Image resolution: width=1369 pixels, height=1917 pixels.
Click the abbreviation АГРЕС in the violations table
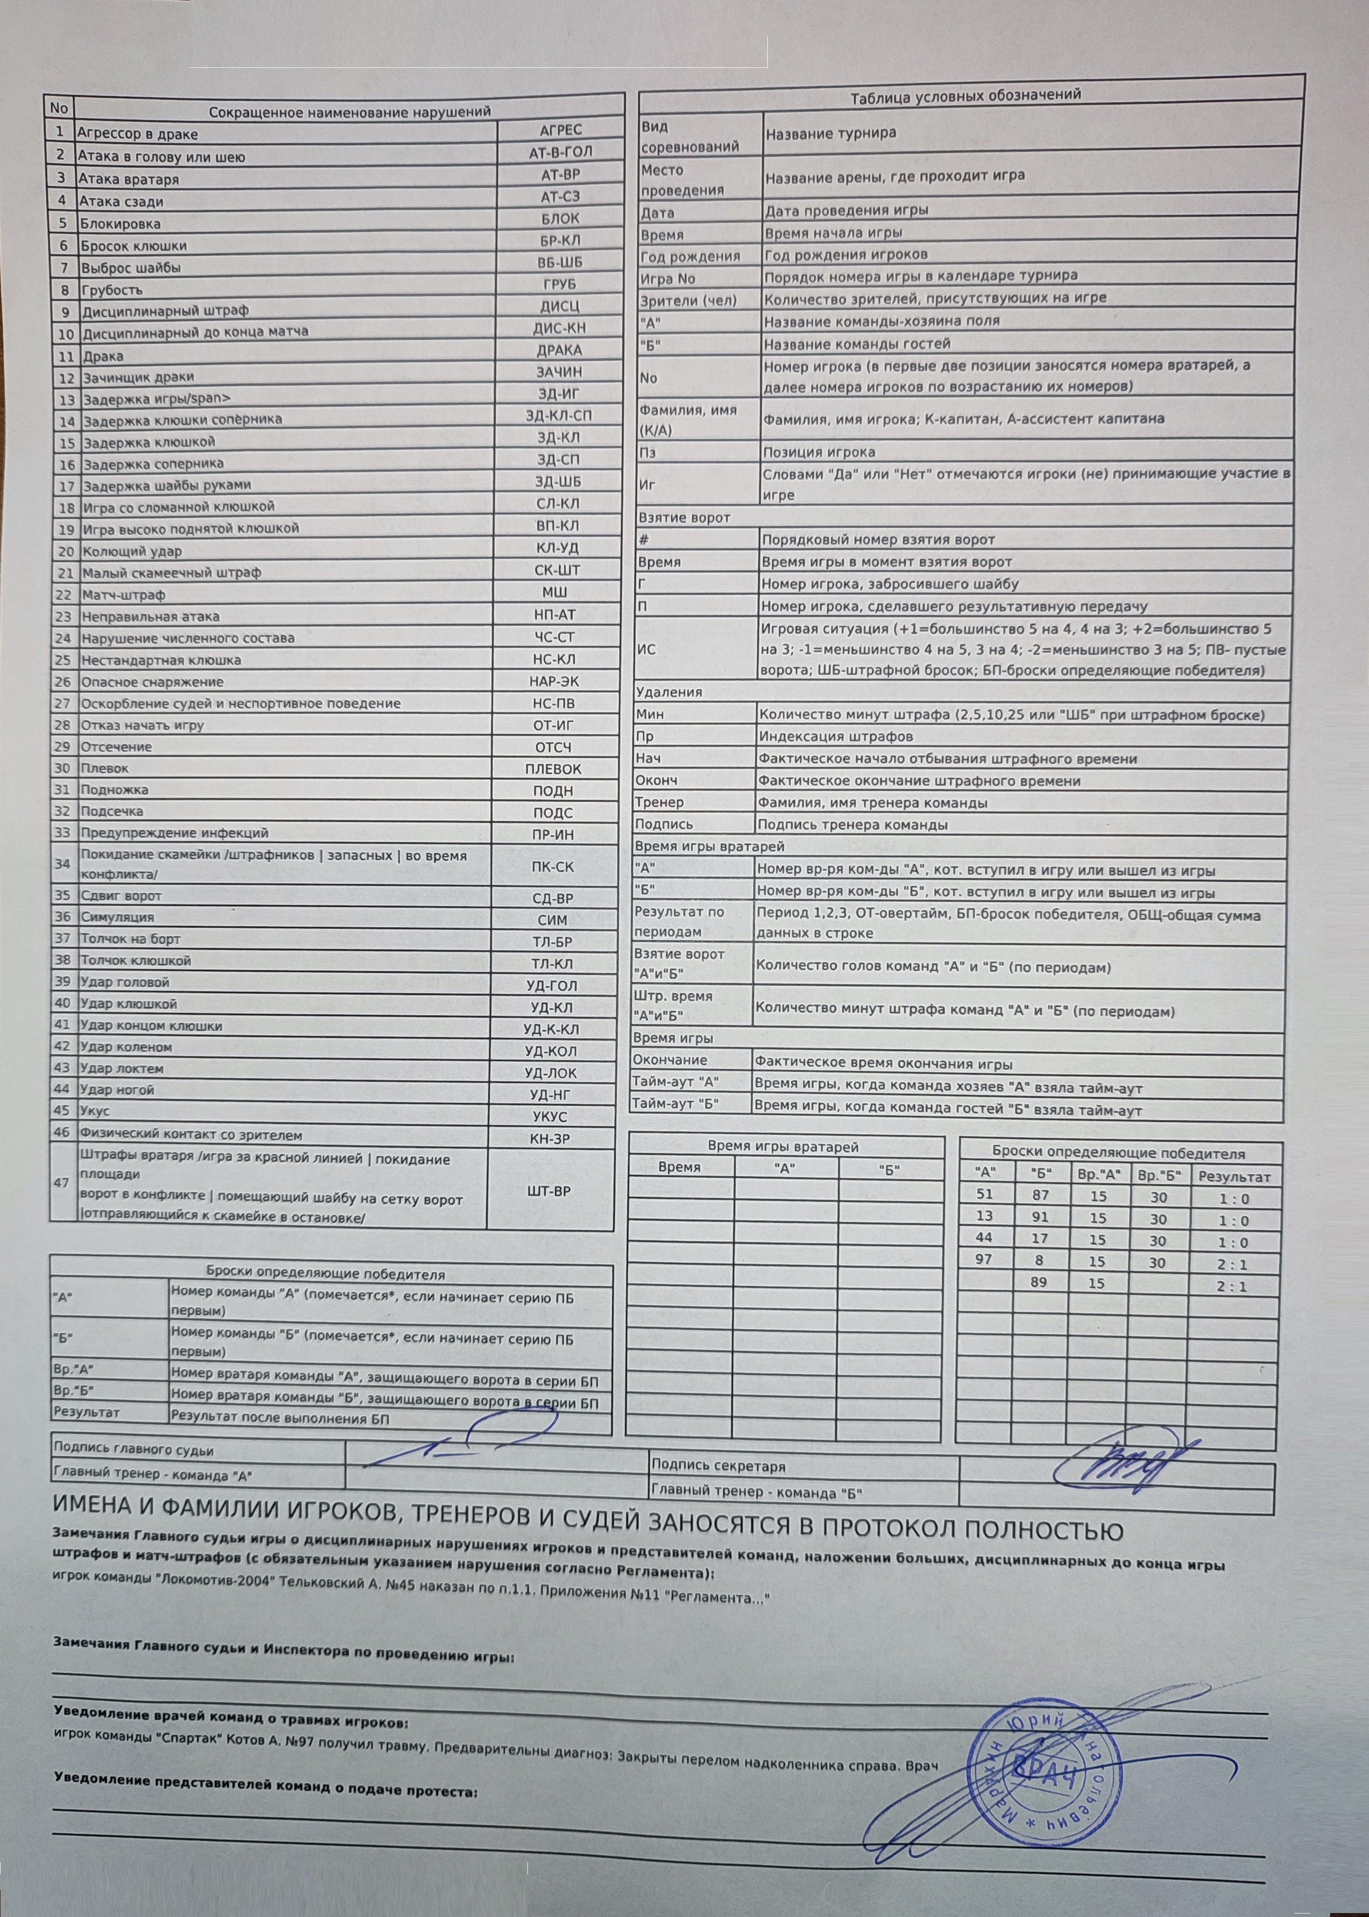[560, 130]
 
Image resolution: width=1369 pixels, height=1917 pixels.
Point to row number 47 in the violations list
[60, 1183]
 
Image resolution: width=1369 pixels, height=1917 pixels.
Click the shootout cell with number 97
[984, 1259]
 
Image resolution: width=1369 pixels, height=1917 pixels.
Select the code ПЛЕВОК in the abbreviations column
[553, 769]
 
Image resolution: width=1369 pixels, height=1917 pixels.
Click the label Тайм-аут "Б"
[675, 1104]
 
